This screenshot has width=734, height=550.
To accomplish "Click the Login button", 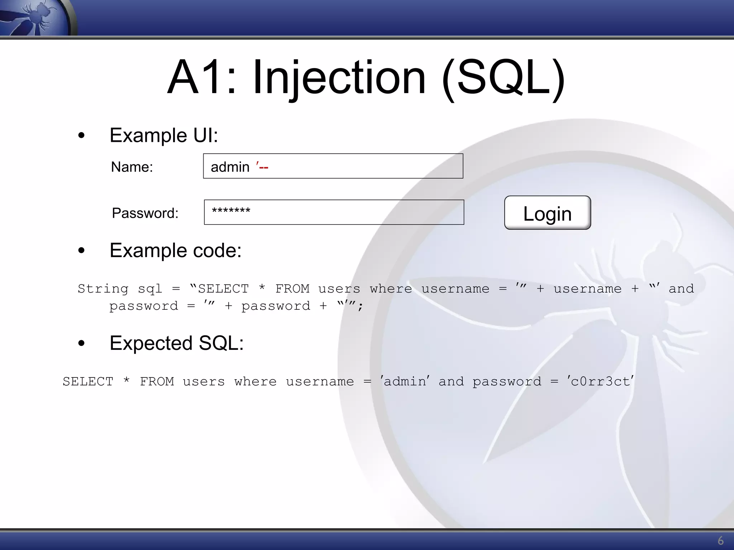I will pyautogui.click(x=547, y=213).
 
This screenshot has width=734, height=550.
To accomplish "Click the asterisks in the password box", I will pyautogui.click(x=231, y=211).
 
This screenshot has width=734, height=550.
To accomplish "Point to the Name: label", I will pyautogui.click(x=132, y=167).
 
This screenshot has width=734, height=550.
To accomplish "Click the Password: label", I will pyautogui.click(x=145, y=213).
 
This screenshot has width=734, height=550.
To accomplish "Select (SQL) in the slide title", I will pyautogui.click(x=504, y=78).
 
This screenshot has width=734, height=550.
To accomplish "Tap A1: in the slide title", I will pyautogui.click(x=202, y=78).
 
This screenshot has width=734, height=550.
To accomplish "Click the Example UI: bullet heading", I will pyautogui.click(x=164, y=135).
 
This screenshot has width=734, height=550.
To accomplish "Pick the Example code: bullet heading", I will pyautogui.click(x=175, y=250).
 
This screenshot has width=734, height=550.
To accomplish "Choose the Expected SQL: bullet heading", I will pyautogui.click(x=177, y=343).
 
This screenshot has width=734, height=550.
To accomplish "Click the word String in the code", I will pyautogui.click(x=103, y=289).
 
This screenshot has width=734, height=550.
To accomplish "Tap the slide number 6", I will pyautogui.click(x=720, y=541).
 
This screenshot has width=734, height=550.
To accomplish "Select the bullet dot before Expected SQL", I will pyautogui.click(x=81, y=343).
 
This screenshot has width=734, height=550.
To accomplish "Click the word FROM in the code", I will pyautogui.click(x=292, y=289).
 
